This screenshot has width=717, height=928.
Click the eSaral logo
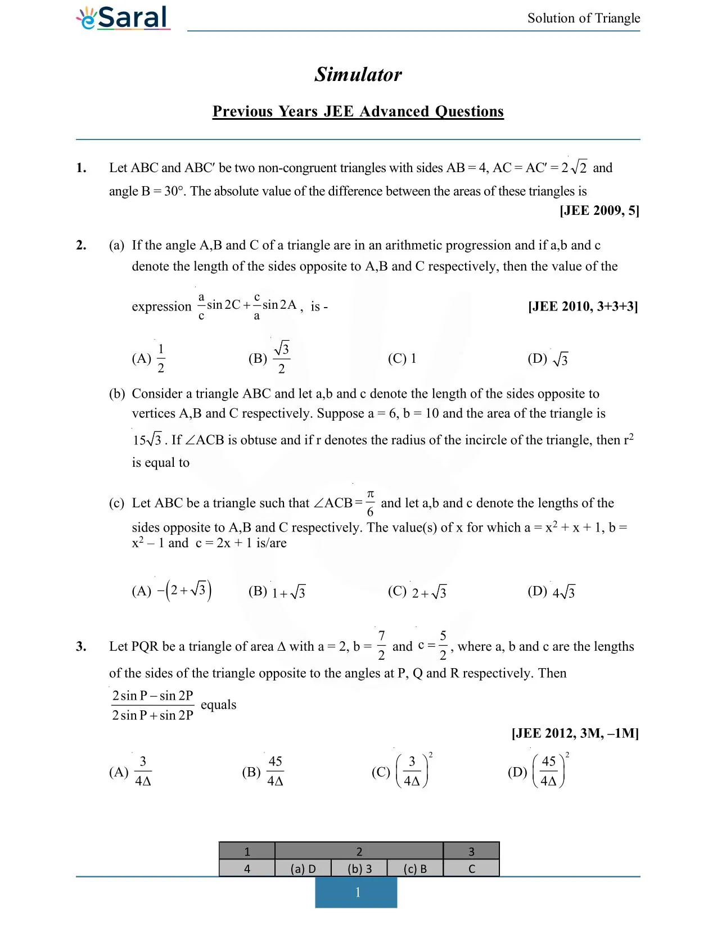point(124,18)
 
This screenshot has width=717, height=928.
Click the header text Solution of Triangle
point(583,18)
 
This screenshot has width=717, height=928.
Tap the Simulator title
point(358,74)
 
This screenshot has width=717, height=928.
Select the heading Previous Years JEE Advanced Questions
point(358,111)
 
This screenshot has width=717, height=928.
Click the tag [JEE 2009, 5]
point(599,210)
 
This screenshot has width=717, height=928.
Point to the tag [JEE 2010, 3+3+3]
point(583,307)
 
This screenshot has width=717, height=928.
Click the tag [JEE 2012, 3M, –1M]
point(575,733)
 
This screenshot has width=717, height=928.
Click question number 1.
point(82,168)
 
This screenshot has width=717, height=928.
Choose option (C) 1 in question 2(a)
point(402,359)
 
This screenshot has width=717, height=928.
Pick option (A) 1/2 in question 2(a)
point(149,359)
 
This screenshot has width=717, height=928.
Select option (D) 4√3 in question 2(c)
point(551,592)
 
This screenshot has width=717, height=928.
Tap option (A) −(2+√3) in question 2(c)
point(172,591)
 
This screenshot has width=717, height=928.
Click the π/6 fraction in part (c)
point(370,503)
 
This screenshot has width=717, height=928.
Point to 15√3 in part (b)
point(147,440)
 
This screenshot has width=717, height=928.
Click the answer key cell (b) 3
point(359,869)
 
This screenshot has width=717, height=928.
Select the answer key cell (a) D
point(303,869)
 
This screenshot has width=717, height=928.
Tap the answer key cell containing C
point(471,869)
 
